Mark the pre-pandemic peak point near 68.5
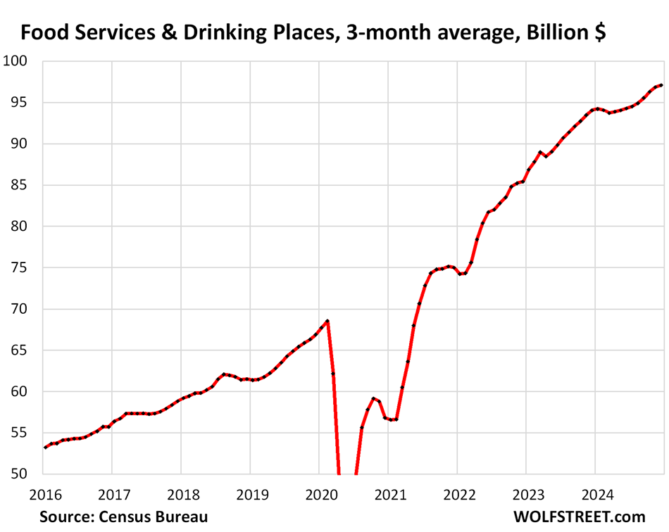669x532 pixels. click(x=327, y=321)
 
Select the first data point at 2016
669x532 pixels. click(x=44, y=448)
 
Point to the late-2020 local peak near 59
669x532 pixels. click(x=373, y=398)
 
